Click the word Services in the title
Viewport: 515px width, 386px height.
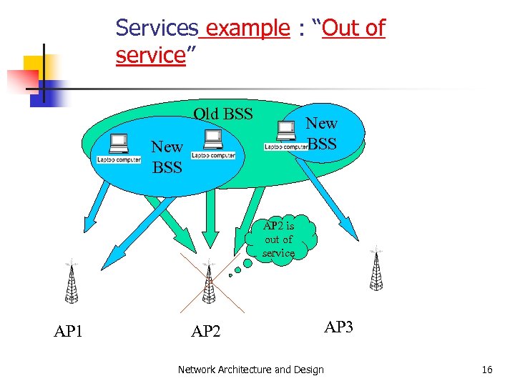pyautogui.click(x=157, y=28)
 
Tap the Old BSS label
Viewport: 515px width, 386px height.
pyautogui.click(x=223, y=114)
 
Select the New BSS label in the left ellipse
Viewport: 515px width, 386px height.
pyautogui.click(x=167, y=157)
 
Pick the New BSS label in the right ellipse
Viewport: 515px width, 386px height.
pyautogui.click(x=322, y=133)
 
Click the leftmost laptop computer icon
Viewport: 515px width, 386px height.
pyautogui.click(x=119, y=149)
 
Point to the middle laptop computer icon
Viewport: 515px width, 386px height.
pyautogui.click(x=213, y=144)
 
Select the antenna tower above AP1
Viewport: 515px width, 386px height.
pyautogui.click(x=72, y=282)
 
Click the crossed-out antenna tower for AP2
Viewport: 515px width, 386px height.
pyautogui.click(x=209, y=283)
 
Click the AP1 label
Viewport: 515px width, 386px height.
pyautogui.click(x=69, y=331)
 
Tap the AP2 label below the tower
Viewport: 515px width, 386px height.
pyautogui.click(x=206, y=331)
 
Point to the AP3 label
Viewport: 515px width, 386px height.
pyautogui.click(x=338, y=327)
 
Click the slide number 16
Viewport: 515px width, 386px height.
pyautogui.click(x=487, y=370)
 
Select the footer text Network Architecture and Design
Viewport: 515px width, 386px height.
pyautogui.click(x=250, y=370)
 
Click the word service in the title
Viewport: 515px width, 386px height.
pyautogui.click(x=151, y=55)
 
